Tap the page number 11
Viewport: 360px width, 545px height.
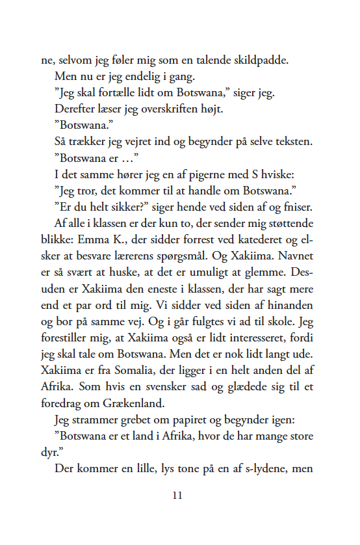(x=179, y=496)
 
